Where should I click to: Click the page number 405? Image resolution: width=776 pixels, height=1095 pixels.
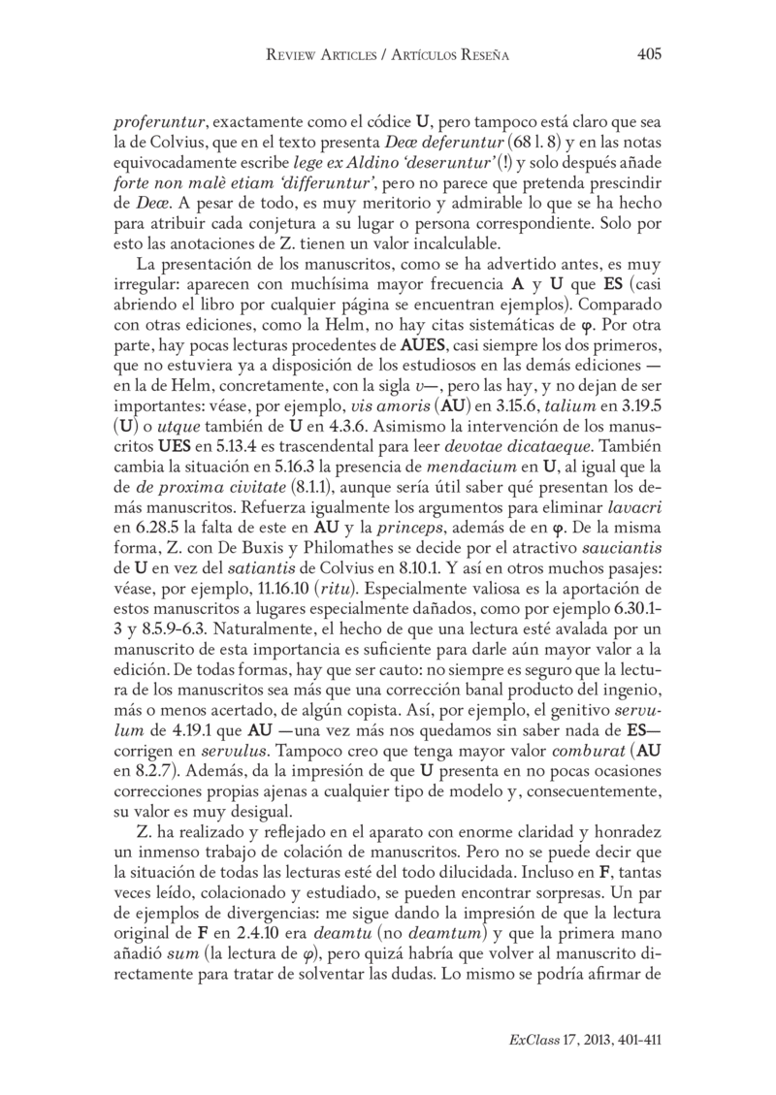pos(648,55)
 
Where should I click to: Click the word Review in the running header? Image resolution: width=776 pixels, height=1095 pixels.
pos(293,56)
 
